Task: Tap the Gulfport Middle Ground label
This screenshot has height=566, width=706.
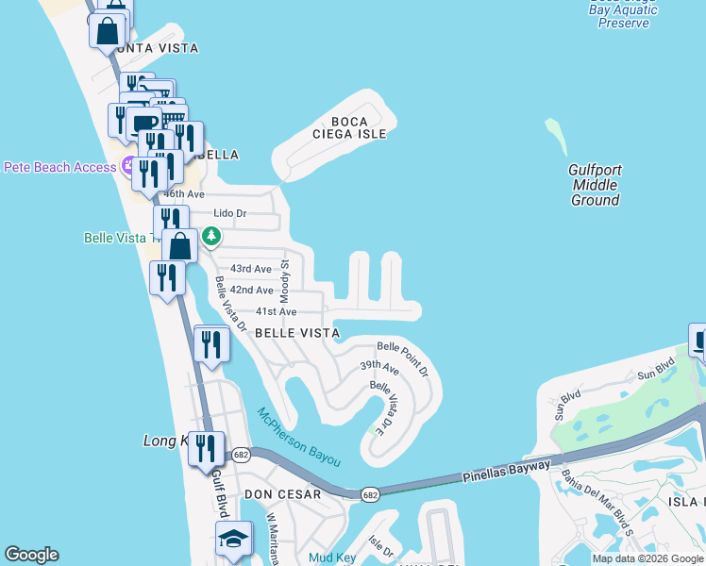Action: click(x=595, y=185)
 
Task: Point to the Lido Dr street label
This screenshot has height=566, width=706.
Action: click(x=229, y=213)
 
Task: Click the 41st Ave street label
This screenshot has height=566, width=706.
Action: click(x=276, y=311)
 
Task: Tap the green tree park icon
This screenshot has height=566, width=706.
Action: click(x=211, y=236)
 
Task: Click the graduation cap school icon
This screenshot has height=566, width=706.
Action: click(x=233, y=540)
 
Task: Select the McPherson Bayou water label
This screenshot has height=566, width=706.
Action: click(x=298, y=436)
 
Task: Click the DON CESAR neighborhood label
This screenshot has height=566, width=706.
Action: click(x=282, y=493)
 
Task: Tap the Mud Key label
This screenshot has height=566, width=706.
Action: click(x=332, y=558)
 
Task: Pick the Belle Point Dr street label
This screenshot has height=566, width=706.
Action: click(x=403, y=358)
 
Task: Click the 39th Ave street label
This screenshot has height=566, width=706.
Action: click(x=379, y=369)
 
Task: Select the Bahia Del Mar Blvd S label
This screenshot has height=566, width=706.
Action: click(x=597, y=496)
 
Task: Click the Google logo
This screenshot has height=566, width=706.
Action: click(x=31, y=555)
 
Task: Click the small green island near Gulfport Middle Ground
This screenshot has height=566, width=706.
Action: click(x=556, y=136)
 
